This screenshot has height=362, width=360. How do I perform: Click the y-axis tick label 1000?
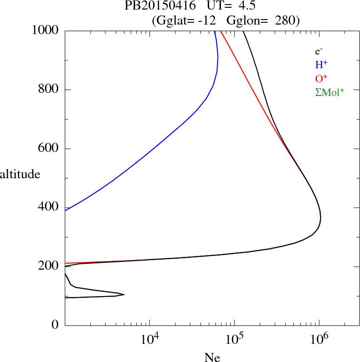[45, 30]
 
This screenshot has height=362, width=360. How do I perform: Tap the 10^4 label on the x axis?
[150, 338]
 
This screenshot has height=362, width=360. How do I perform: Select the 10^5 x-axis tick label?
[234, 338]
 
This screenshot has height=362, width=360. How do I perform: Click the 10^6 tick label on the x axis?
[319, 338]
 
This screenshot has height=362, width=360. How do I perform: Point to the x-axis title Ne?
[212, 357]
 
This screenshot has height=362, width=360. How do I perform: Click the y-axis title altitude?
[20, 174]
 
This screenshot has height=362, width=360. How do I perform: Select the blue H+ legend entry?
[321, 65]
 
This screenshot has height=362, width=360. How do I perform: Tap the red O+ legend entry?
[321, 78]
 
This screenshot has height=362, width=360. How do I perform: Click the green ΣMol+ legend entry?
[330, 92]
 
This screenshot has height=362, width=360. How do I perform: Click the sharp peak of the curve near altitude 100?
[124, 294]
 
